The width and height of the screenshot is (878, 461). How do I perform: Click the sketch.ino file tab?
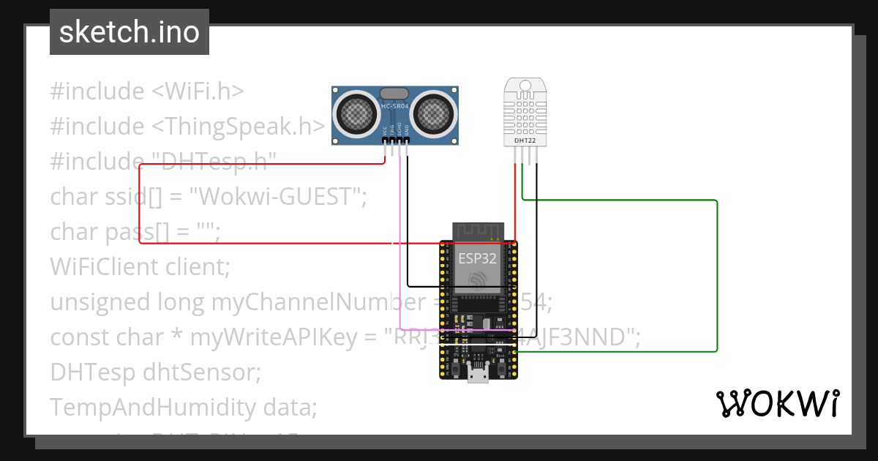(130, 32)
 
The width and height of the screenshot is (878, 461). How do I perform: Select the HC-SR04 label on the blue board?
(395, 107)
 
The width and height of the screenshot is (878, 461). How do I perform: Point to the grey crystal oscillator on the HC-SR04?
(395, 93)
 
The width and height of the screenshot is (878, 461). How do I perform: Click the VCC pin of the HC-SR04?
(386, 140)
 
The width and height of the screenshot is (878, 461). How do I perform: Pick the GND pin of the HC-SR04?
(407, 140)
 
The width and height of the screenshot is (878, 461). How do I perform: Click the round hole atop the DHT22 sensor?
(525, 86)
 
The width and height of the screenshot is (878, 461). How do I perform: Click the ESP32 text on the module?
(478, 258)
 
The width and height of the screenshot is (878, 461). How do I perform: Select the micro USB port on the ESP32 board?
(479, 375)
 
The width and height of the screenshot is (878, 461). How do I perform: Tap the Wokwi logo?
(777, 403)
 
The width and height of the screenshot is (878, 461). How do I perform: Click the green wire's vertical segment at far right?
(717, 278)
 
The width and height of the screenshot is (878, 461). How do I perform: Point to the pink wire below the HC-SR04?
(399, 241)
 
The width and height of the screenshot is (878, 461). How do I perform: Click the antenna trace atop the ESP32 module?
(478, 230)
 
